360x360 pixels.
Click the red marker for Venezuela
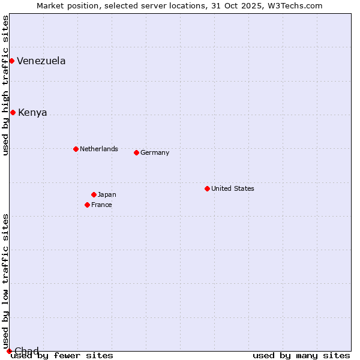pyautogui.click(x=11, y=61)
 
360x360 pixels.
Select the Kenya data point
pyautogui.click(x=13, y=112)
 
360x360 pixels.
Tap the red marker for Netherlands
pyautogui.click(x=76, y=149)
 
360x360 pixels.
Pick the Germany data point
pyautogui.click(x=136, y=152)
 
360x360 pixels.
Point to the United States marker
pyautogui.click(x=207, y=188)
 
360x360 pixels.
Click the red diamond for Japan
pyautogui.click(x=94, y=194)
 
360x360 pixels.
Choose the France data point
pyautogui.click(x=87, y=205)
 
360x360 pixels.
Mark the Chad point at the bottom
pyautogui.click(x=9, y=351)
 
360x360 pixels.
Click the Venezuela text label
pyautogui.click(x=41, y=61)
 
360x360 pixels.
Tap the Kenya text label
pyautogui.click(x=32, y=112)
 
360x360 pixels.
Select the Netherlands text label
pyautogui.click(x=99, y=149)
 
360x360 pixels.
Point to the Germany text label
pyautogui.click(x=155, y=152)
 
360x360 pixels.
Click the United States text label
pyautogui.click(x=233, y=188)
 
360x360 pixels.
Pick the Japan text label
pyautogui.click(x=107, y=194)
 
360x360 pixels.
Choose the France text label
pyautogui.click(x=101, y=205)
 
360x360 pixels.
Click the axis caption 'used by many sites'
pyautogui.click(x=301, y=356)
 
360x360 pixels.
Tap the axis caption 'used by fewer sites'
pyautogui.click(x=62, y=356)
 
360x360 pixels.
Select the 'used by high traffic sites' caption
pyautogui.click(x=6, y=85)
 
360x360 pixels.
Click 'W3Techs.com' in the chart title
pyautogui.click(x=298, y=5)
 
